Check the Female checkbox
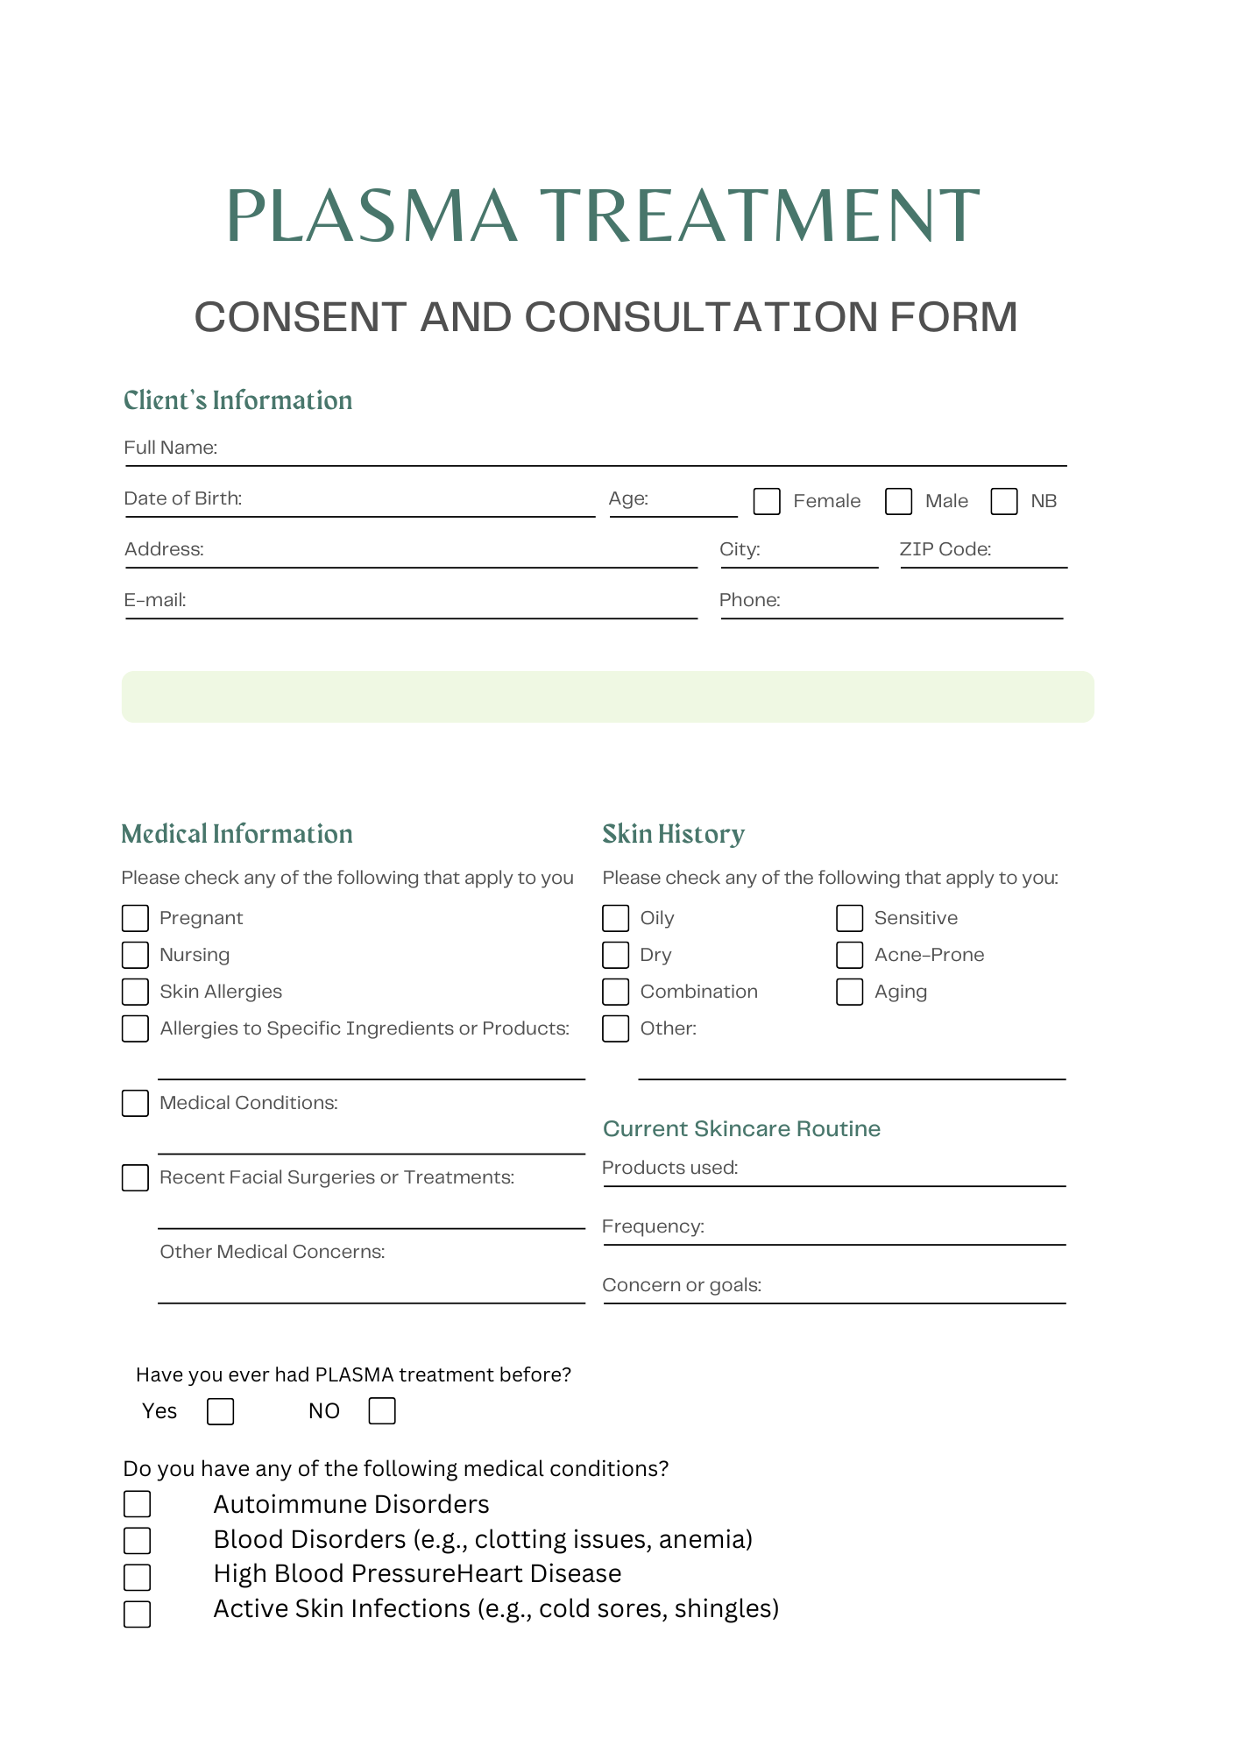pos(767,501)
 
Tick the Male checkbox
pos(898,501)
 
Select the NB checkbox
pos(1004,501)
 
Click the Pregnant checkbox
pos(135,918)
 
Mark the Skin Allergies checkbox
pos(135,992)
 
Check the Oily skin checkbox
pos(616,918)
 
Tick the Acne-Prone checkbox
pos(850,955)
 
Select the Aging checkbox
pos(850,992)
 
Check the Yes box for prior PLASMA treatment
pos(221,1411)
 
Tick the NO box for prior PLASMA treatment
pos(382,1411)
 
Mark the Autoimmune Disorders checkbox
pos(138,1504)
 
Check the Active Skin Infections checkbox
pos(138,1614)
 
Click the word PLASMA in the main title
pos(372,215)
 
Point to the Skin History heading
pos(673,834)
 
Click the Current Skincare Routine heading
pos(741,1128)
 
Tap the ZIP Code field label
pos(945,549)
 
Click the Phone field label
pos(749,600)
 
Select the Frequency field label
pos(653,1226)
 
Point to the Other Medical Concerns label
pos(272,1252)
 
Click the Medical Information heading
pos(237,834)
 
